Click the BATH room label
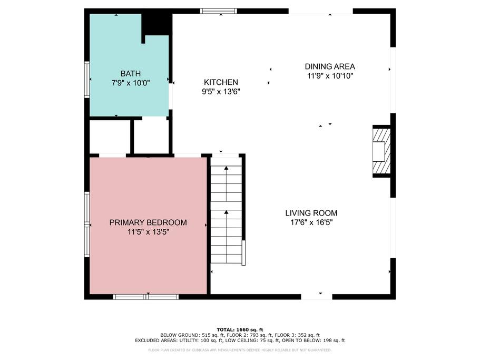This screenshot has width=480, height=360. (x=131, y=73)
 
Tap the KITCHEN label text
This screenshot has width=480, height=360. (x=221, y=82)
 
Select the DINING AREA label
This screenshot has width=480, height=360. (x=330, y=66)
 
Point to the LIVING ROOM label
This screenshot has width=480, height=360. (x=311, y=213)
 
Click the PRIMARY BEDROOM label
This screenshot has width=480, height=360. (x=148, y=222)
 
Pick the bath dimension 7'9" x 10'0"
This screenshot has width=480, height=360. (x=131, y=83)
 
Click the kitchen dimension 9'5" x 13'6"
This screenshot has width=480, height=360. (x=221, y=92)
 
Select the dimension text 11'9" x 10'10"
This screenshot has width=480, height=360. (x=330, y=76)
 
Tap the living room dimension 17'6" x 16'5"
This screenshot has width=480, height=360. (x=311, y=222)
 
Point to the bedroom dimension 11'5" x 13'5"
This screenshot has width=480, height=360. (x=148, y=232)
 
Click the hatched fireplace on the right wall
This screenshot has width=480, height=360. (x=381, y=151)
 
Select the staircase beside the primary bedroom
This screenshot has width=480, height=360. (x=227, y=210)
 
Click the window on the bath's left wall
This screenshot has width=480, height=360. (x=87, y=80)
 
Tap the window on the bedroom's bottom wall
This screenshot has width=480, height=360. (x=146, y=297)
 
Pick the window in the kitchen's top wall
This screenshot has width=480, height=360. (x=219, y=11)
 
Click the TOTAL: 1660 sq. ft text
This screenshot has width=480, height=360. (x=240, y=330)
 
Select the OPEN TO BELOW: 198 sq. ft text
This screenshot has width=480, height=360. (x=314, y=340)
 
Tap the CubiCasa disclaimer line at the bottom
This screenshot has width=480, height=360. (x=240, y=350)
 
